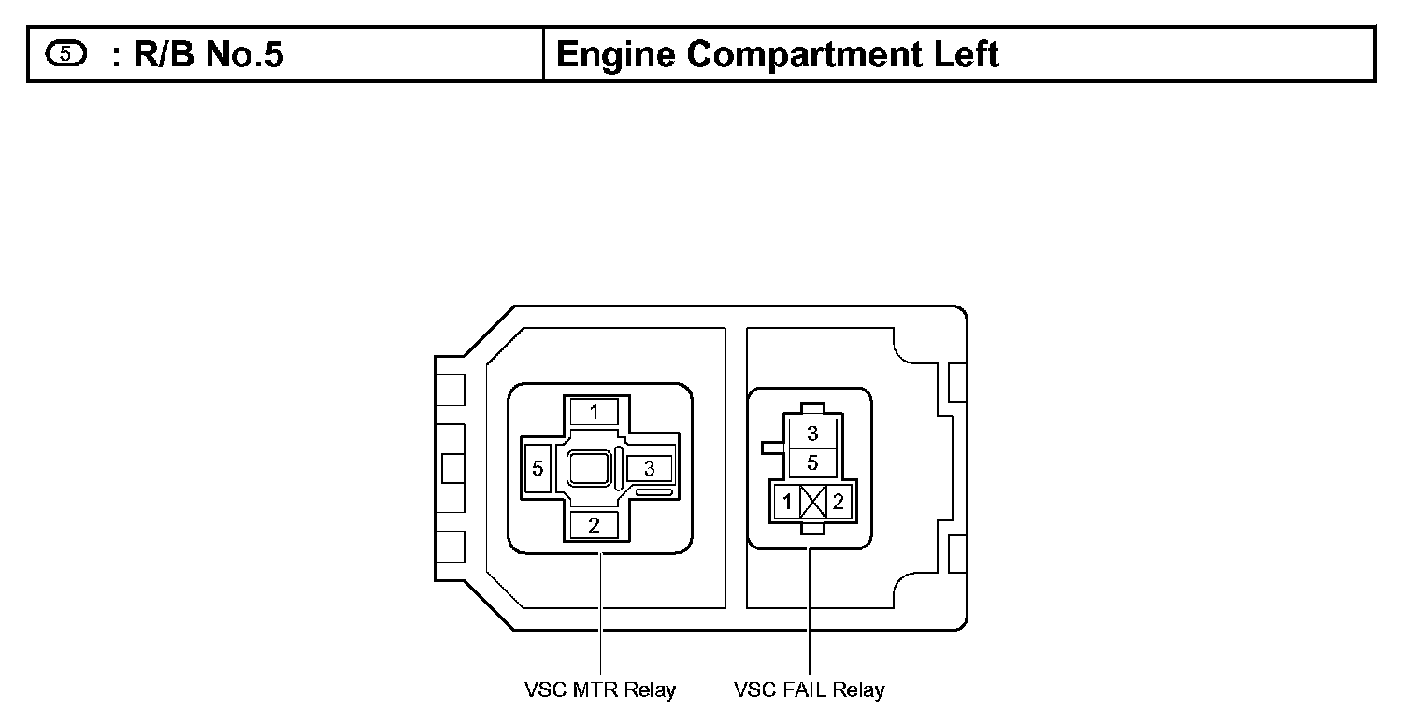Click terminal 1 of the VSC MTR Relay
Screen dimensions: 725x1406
click(594, 411)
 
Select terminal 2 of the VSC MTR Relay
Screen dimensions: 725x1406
click(594, 524)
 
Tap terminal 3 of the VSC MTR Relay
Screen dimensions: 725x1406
click(649, 468)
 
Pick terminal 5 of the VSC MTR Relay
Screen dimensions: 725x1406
click(538, 468)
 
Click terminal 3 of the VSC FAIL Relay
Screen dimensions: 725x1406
click(812, 434)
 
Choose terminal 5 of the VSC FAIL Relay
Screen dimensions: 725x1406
click(812, 462)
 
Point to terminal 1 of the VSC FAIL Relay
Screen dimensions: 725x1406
click(787, 502)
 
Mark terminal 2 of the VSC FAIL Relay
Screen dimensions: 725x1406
click(839, 502)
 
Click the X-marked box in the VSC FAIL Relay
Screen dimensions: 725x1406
click(813, 502)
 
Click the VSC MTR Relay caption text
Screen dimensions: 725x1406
click(599, 690)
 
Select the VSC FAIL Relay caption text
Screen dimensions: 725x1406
click(809, 690)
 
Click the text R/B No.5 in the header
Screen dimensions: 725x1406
click(208, 55)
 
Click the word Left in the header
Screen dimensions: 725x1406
click(968, 55)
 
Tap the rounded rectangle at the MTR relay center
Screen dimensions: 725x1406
click(589, 468)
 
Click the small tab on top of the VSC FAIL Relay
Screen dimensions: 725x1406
click(813, 408)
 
